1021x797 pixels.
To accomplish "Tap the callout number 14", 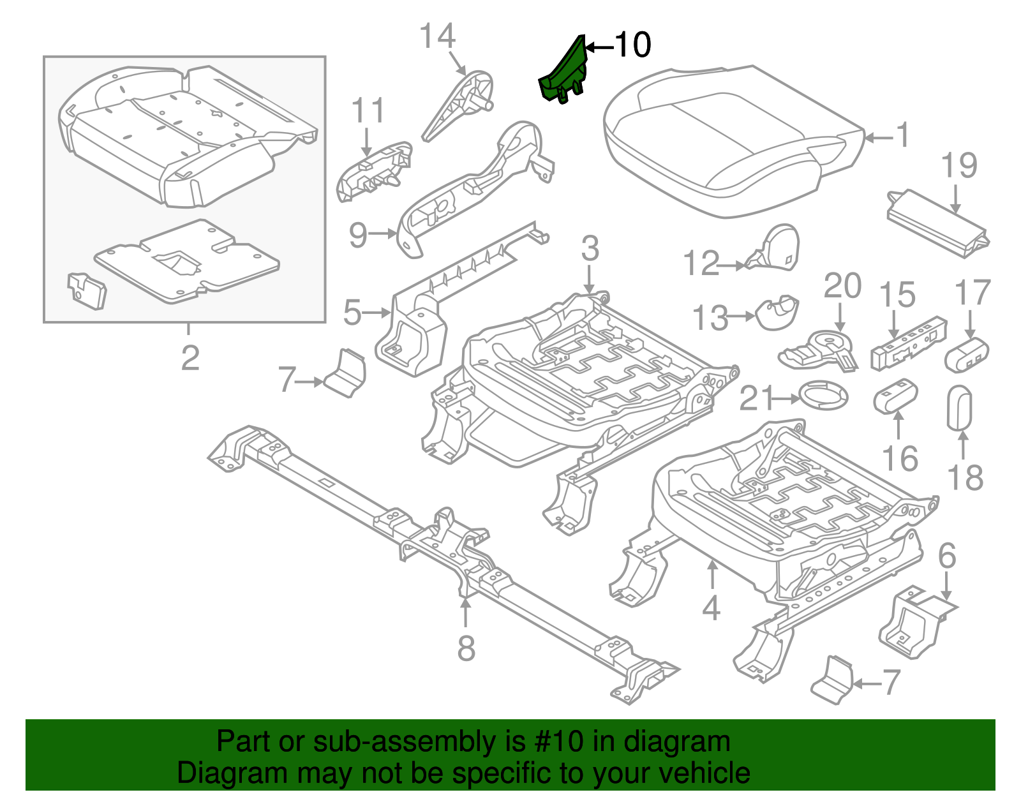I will pyautogui.click(x=438, y=36).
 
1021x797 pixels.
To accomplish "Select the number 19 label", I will pyautogui.click(x=959, y=166).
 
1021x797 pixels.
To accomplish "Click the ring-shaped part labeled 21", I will pyautogui.click(x=823, y=396).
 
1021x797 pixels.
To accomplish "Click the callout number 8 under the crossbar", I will pyautogui.click(x=466, y=648).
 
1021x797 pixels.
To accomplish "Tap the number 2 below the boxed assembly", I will pyautogui.click(x=190, y=358).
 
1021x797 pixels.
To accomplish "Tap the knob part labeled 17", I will pyautogui.click(x=966, y=355).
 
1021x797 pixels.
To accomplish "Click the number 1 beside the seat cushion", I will pyautogui.click(x=902, y=136).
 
